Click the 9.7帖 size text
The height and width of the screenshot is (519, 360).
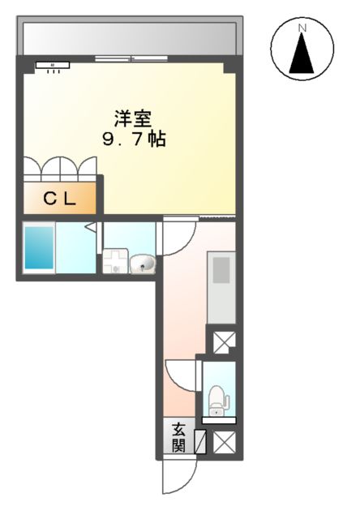pos(134,139)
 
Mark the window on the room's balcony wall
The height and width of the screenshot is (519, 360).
pos(125,58)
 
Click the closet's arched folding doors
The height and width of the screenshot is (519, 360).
pos(60,166)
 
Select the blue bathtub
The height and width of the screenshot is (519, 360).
pos(37,248)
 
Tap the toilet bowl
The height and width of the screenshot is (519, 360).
pos(217,398)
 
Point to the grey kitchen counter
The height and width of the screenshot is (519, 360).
pos(221,287)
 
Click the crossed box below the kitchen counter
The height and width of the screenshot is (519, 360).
pos(222,340)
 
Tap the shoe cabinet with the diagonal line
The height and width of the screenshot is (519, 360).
pos(201,443)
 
